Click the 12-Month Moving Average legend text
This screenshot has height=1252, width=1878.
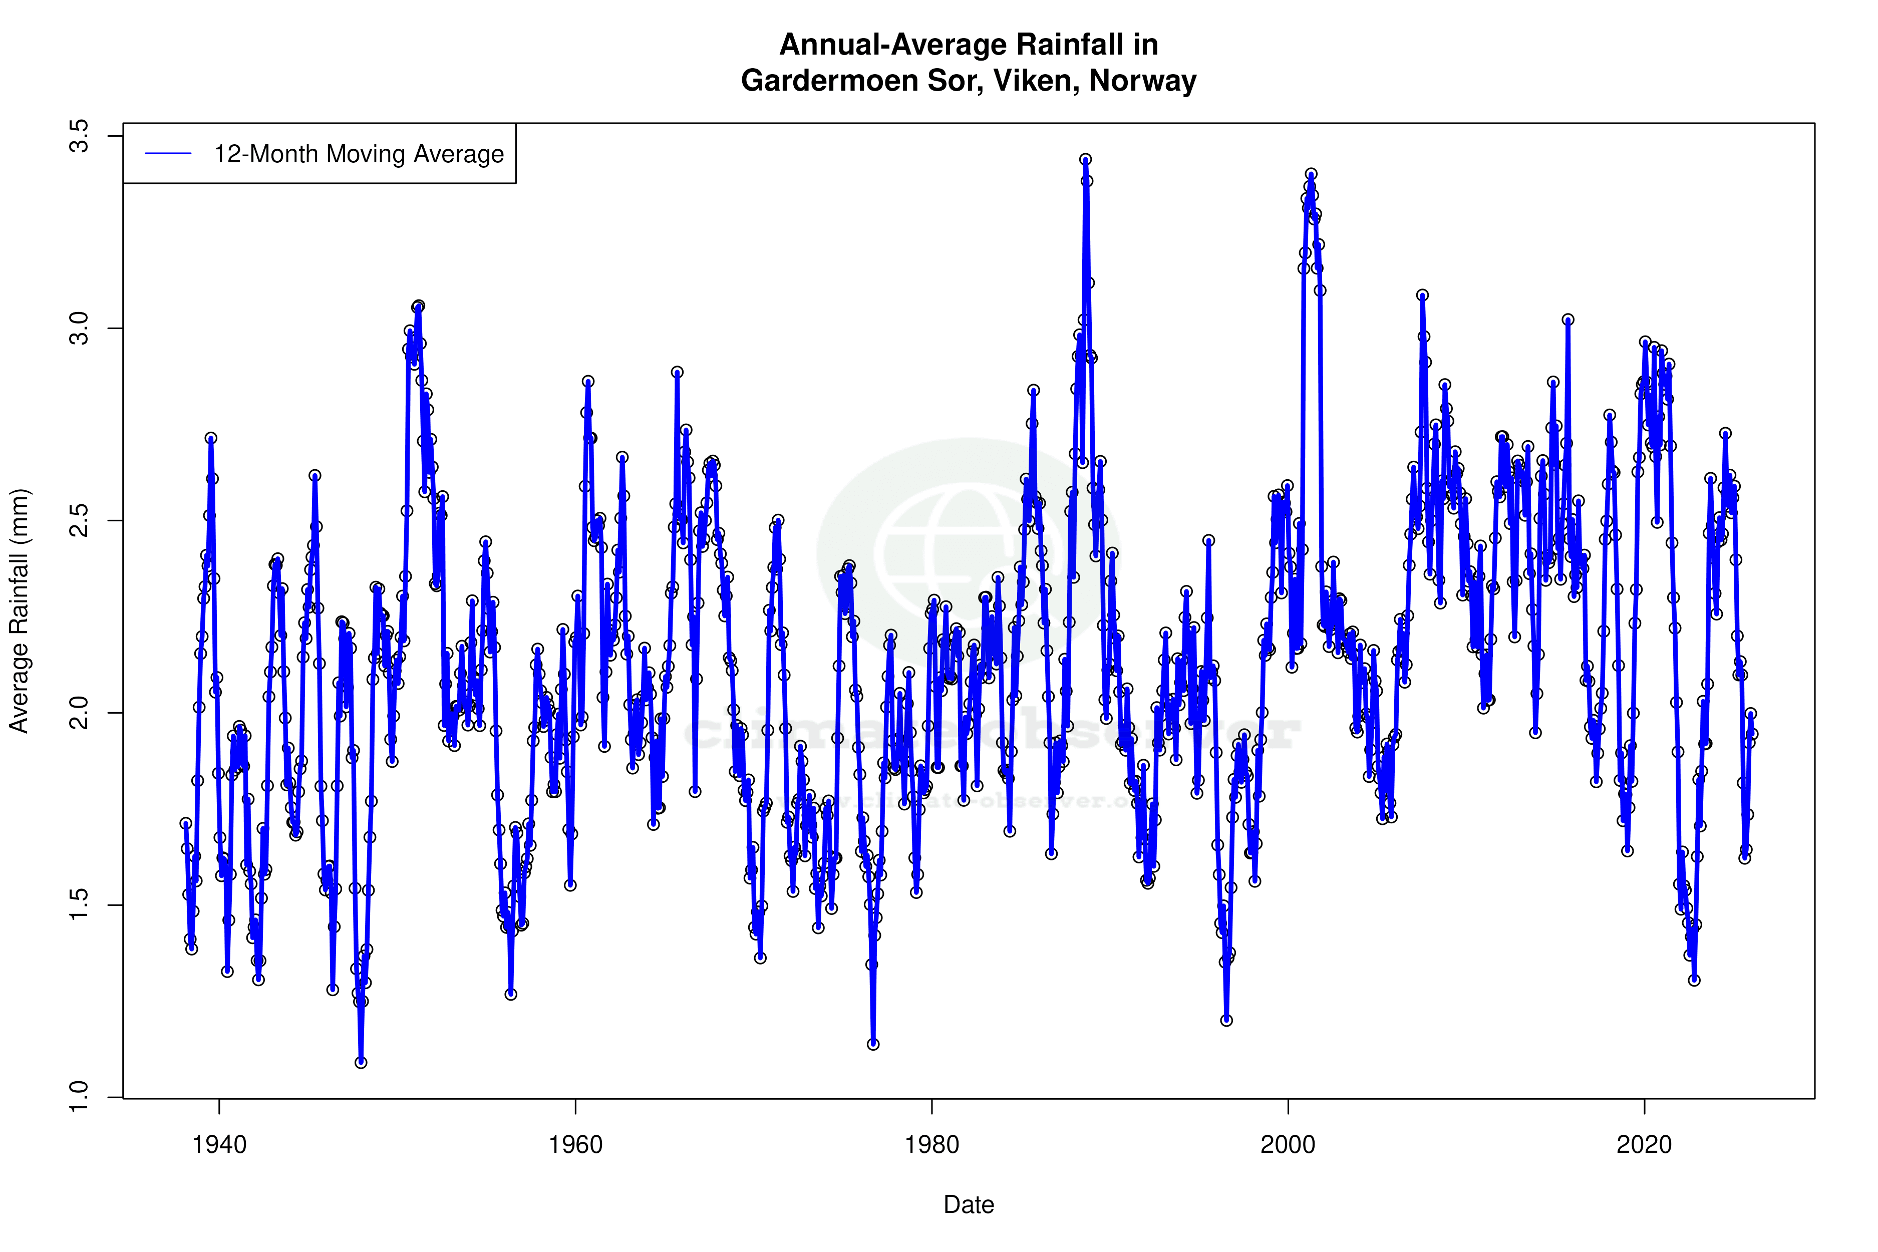pyautogui.click(x=359, y=154)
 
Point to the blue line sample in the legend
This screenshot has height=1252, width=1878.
pyautogui.click(x=168, y=154)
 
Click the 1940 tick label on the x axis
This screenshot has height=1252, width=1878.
pyautogui.click(x=219, y=1145)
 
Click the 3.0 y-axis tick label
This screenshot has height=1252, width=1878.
pyautogui.click(x=80, y=328)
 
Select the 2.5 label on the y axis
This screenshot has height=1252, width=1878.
pyautogui.click(x=80, y=521)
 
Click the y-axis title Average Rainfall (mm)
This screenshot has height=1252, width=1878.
pyautogui.click(x=19, y=611)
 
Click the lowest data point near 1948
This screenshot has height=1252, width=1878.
pyautogui.click(x=361, y=1062)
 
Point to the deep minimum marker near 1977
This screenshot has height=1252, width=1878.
pyautogui.click(x=873, y=1044)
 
